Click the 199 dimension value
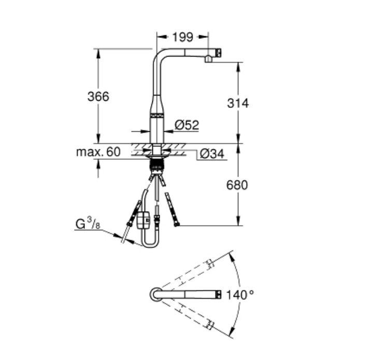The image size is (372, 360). (x=183, y=37)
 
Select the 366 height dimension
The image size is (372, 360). (x=98, y=96)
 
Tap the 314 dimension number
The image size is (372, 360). (x=238, y=103)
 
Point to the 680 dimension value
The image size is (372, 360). (x=237, y=185)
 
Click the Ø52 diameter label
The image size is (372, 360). (x=187, y=125)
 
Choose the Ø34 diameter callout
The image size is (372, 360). (x=212, y=154)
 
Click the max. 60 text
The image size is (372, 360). (x=98, y=152)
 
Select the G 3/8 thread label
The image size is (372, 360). (x=88, y=224)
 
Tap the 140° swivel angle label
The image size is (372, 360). (x=240, y=295)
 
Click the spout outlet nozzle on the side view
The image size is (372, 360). (x=208, y=59)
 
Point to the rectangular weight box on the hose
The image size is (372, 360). (x=143, y=220)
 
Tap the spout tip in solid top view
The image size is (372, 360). (x=219, y=295)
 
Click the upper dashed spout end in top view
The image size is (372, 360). (x=209, y=264)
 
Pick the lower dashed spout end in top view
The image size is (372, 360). (x=209, y=325)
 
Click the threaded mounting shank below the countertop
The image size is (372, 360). (x=156, y=164)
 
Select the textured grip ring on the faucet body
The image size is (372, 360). (x=156, y=116)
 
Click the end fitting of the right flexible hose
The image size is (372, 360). (x=177, y=224)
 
